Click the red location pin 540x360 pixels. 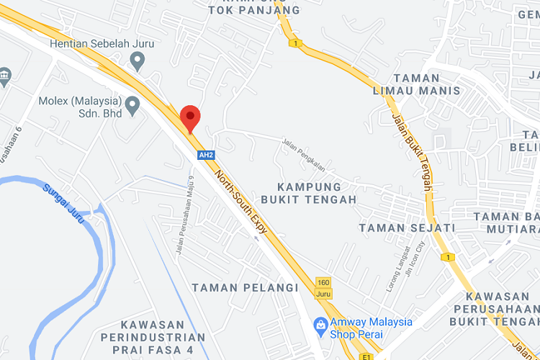click(x=189, y=117)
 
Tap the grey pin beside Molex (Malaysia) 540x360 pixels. click(x=132, y=107)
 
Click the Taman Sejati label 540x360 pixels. click(x=407, y=228)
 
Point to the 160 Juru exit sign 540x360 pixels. click(x=323, y=287)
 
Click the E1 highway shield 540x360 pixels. click(x=366, y=356)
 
